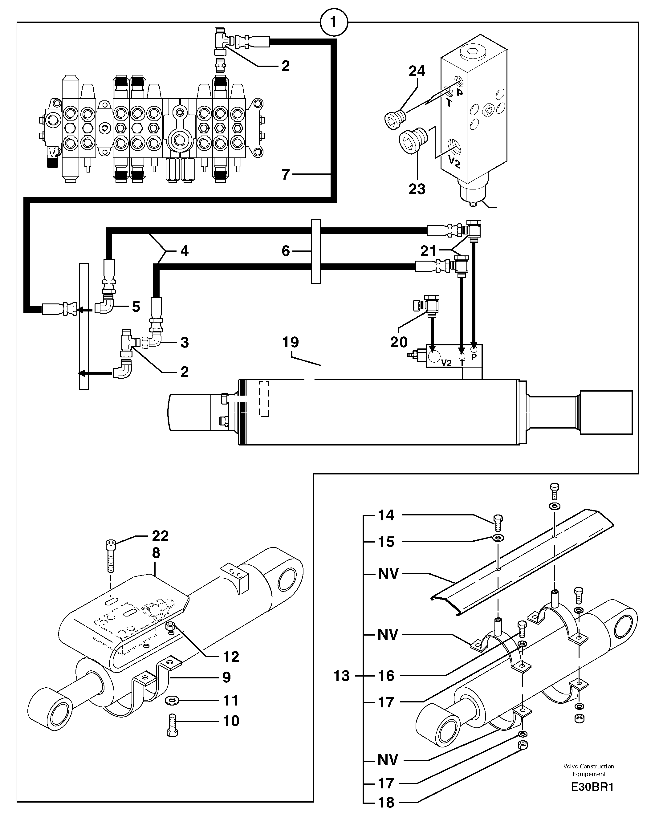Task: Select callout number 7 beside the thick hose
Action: click(x=286, y=175)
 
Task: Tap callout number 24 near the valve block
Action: click(x=417, y=71)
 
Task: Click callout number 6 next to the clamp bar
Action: click(x=286, y=251)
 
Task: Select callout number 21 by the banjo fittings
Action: click(x=429, y=251)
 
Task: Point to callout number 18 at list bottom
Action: click(x=386, y=802)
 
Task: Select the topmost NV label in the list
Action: click(x=388, y=574)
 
